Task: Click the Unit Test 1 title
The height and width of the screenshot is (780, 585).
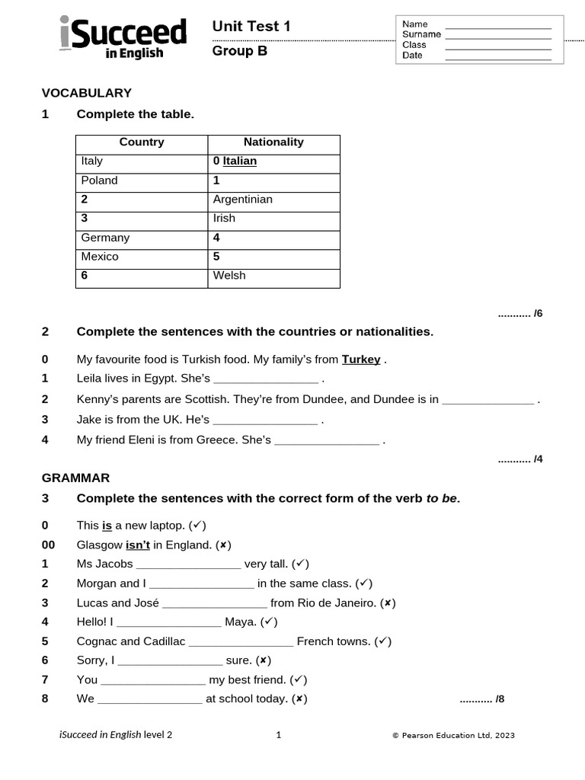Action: click(251, 27)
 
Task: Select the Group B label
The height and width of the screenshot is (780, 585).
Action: click(240, 52)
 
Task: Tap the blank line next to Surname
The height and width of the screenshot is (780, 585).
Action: click(497, 34)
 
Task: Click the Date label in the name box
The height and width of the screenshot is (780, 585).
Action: click(412, 56)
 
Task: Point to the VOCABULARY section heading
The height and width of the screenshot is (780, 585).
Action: click(86, 93)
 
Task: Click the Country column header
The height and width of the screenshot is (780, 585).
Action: click(142, 142)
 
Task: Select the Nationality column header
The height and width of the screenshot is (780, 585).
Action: click(273, 142)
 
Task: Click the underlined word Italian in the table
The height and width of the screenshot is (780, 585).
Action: click(239, 161)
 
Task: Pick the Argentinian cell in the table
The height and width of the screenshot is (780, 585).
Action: click(242, 200)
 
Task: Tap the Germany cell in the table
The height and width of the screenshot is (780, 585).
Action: click(105, 238)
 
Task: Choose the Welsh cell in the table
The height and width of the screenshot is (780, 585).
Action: click(229, 276)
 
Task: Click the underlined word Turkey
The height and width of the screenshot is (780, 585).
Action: click(361, 360)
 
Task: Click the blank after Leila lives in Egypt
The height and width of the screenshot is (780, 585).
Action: click(266, 379)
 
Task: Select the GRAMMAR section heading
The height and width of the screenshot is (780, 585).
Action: click(75, 478)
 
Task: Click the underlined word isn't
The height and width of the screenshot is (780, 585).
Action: click(138, 545)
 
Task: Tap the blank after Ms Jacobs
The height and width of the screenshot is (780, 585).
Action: click(188, 565)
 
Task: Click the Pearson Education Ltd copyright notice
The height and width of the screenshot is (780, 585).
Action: click(453, 736)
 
